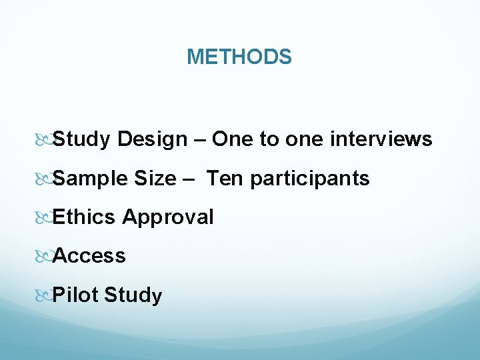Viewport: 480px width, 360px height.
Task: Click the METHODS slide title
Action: click(x=239, y=57)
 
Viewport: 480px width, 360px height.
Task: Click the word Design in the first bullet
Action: click(x=152, y=139)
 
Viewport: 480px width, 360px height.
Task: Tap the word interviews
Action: click(x=381, y=139)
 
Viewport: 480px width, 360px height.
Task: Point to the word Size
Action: click(x=154, y=179)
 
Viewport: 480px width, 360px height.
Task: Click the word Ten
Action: click(x=225, y=179)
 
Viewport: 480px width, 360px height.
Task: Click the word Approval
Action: click(x=168, y=217)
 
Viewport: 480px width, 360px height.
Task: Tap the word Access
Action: click(x=89, y=255)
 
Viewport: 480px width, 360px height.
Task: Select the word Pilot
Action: click(x=75, y=295)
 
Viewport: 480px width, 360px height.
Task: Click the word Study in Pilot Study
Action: click(x=133, y=295)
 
